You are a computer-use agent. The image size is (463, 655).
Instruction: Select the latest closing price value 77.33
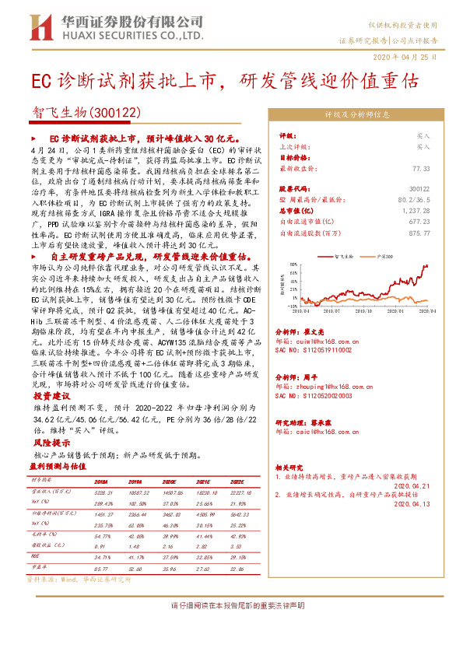[421, 168]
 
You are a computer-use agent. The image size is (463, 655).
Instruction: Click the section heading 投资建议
[47, 395]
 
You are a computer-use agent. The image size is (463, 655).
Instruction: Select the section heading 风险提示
[47, 440]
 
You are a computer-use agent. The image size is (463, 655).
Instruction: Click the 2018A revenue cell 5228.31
[104, 492]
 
